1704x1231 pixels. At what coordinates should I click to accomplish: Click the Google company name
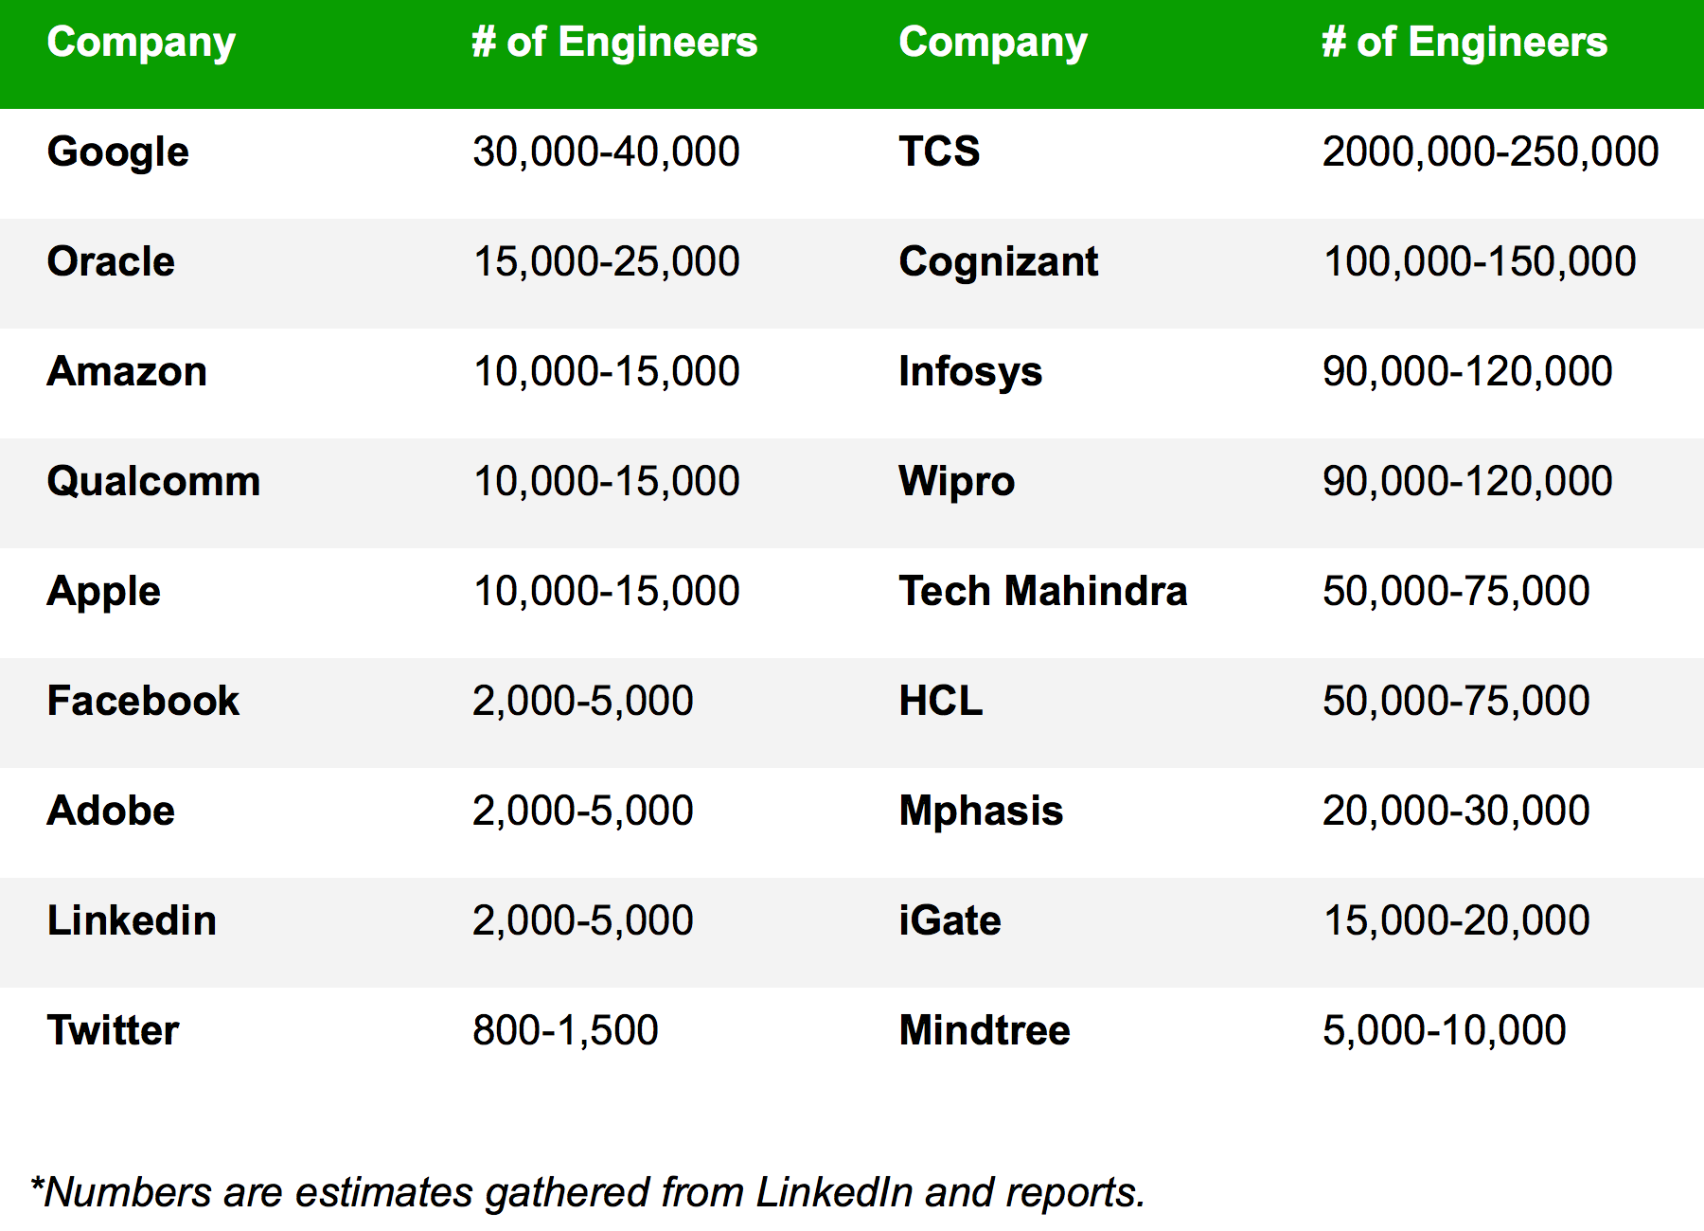[118, 152]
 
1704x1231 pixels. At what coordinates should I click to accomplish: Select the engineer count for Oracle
[606, 261]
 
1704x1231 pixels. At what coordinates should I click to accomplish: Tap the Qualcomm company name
[153, 481]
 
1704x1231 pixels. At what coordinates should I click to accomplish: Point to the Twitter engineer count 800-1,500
[565, 1030]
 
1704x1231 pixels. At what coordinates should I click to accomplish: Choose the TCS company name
[939, 152]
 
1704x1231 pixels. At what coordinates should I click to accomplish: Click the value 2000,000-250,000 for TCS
[1490, 152]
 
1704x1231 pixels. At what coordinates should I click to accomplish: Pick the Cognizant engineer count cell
[1480, 261]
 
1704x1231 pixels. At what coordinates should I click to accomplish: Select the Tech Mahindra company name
[1042, 591]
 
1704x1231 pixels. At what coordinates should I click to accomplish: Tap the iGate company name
[950, 920]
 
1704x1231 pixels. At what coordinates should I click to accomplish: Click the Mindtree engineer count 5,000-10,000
[1444, 1030]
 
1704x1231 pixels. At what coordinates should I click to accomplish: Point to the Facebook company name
[143, 701]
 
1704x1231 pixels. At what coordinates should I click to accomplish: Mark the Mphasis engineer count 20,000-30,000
[1456, 811]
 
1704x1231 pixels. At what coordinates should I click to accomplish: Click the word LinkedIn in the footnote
[834, 1192]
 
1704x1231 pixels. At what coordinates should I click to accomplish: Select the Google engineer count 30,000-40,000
[606, 152]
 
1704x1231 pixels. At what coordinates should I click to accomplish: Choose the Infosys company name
[970, 371]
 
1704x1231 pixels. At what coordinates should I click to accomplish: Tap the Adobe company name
[111, 811]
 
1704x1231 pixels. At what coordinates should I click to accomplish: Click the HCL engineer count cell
[1456, 701]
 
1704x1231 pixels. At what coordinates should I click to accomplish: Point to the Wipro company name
[956, 481]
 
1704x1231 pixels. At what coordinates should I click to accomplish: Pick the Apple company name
[104, 591]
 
